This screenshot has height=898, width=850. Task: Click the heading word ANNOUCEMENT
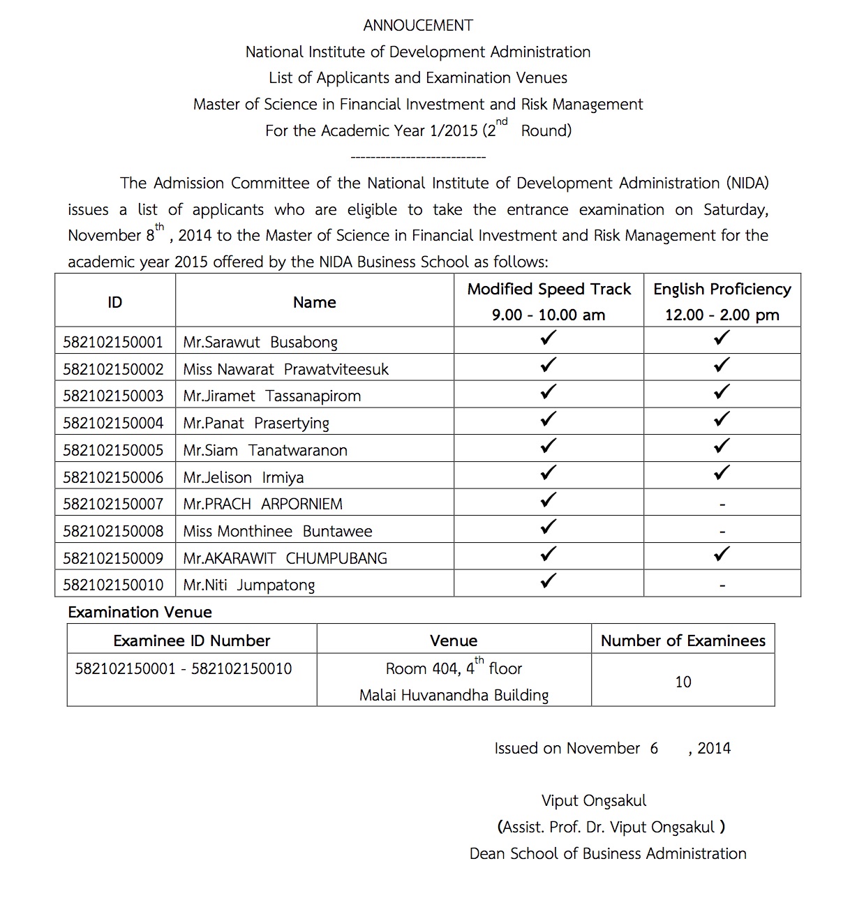(x=418, y=26)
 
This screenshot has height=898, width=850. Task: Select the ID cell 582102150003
(x=113, y=396)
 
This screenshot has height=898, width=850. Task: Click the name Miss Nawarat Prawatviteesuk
(x=285, y=369)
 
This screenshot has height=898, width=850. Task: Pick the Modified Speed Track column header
(x=549, y=290)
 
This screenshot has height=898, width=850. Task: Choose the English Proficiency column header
(x=722, y=290)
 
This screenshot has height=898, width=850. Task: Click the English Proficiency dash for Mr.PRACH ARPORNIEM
(x=722, y=504)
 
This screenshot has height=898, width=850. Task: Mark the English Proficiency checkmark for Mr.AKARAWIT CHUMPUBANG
(x=722, y=555)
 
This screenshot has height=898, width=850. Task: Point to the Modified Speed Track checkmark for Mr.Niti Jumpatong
(x=549, y=581)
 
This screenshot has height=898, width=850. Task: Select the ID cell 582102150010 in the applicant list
(x=113, y=585)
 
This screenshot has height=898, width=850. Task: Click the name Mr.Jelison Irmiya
(x=243, y=477)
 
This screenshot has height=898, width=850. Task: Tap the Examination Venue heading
(x=140, y=613)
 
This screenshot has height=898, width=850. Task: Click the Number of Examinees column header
(x=683, y=641)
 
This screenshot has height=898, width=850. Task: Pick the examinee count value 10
(x=683, y=682)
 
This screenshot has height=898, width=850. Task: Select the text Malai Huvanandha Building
(x=454, y=695)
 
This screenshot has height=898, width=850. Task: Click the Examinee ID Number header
(x=191, y=641)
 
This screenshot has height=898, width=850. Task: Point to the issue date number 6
(x=654, y=749)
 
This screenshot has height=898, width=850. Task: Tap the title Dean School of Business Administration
(x=607, y=853)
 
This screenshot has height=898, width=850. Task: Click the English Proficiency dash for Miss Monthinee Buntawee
(x=722, y=532)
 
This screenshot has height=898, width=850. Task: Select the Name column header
(x=314, y=303)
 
